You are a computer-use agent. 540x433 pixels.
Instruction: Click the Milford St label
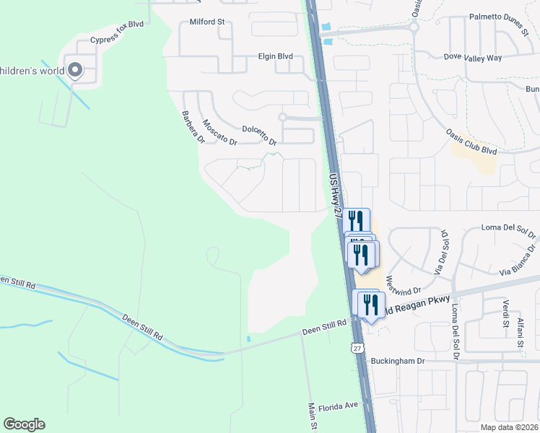pyautogui.click(x=207, y=22)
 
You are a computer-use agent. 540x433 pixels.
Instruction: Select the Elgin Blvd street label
pyautogui.click(x=275, y=56)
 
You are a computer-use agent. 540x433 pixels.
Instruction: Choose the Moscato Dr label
pyautogui.click(x=219, y=132)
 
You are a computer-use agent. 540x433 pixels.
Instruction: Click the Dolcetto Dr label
pyautogui.click(x=260, y=134)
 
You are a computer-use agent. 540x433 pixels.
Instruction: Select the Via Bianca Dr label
pyautogui.click(x=519, y=261)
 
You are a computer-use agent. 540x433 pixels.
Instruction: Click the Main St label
pyautogui.click(x=313, y=417)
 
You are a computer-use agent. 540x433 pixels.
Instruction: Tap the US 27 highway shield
pyautogui.click(x=357, y=349)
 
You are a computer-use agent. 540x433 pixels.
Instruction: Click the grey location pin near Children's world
pyautogui.click(x=75, y=70)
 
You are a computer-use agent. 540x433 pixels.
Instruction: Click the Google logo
pyautogui.click(x=24, y=424)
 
